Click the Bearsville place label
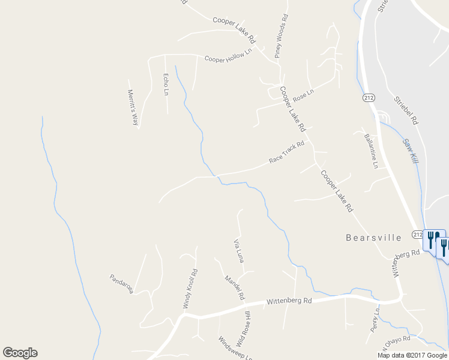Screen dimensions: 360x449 tap(373, 238)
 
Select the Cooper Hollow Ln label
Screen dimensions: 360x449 tap(228, 56)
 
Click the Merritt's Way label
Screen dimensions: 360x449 tap(133, 107)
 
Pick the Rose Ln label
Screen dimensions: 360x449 tap(304, 94)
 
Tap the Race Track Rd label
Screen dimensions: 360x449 tap(286, 152)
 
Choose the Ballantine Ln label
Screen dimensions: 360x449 tap(370, 151)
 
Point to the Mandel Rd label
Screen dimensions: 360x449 tap(235, 287)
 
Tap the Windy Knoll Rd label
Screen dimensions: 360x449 tap(190, 289)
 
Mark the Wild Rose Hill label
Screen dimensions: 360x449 tap(244, 329)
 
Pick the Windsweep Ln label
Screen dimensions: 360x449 tap(235, 349)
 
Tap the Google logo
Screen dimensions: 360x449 tap(20, 353)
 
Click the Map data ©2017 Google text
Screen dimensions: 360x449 tap(412, 355)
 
